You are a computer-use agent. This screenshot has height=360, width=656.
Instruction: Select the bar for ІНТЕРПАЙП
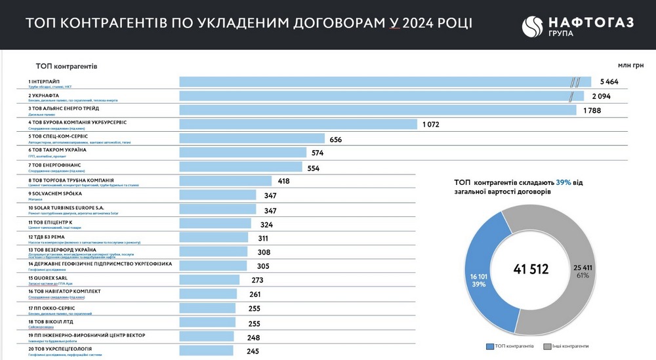tap(374, 82)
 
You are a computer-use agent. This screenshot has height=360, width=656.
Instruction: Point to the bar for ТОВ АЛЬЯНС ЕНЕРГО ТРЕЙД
tap(378, 110)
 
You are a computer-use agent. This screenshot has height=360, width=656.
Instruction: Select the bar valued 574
tap(243, 153)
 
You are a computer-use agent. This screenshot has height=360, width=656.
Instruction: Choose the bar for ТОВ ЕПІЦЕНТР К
tap(215, 224)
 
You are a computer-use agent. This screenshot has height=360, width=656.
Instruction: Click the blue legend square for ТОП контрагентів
tap(489, 346)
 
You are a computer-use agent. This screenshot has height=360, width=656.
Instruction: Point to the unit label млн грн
tap(630, 66)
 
